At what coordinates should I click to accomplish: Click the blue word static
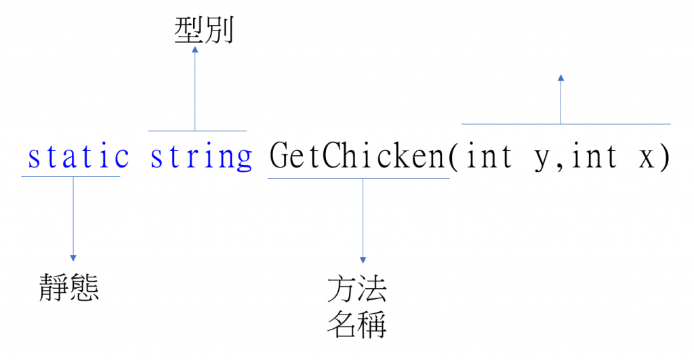[x=79, y=157]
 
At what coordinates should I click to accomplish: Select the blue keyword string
[x=201, y=157]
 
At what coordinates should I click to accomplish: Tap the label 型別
[x=203, y=31]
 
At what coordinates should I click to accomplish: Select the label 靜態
[x=69, y=287]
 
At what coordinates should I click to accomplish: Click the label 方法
[x=356, y=289]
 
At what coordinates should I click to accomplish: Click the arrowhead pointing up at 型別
[x=195, y=49]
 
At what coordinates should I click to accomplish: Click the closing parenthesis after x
[x=664, y=157]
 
